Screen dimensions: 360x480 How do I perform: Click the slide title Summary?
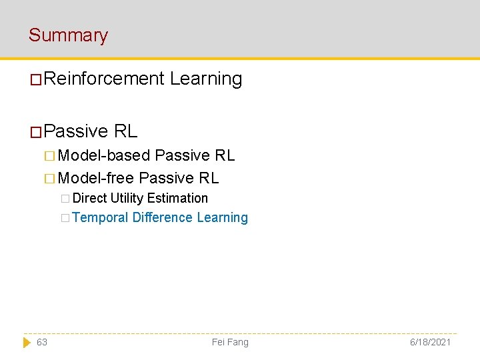tap(68, 35)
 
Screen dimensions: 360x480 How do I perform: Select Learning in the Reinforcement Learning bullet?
tap(206, 79)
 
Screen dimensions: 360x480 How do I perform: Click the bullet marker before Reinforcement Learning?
tap(37, 80)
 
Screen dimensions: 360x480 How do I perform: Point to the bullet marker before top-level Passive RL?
tap(37, 132)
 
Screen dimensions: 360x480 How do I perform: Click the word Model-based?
tap(104, 155)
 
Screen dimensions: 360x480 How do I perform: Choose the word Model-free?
tap(96, 178)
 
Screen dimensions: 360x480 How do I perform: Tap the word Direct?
tap(90, 198)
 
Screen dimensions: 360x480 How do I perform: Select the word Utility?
tap(127, 198)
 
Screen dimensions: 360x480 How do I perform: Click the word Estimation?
tap(177, 198)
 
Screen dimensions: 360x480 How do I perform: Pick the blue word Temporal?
tap(100, 217)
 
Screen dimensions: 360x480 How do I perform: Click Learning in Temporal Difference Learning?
tap(223, 217)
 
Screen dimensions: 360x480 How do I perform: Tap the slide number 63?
tap(42, 342)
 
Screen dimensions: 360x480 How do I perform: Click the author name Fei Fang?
tap(230, 342)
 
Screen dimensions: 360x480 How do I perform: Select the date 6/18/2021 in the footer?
tap(430, 342)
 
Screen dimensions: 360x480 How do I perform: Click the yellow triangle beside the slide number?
tap(27, 342)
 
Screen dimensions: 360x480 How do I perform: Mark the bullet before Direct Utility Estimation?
tap(65, 199)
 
